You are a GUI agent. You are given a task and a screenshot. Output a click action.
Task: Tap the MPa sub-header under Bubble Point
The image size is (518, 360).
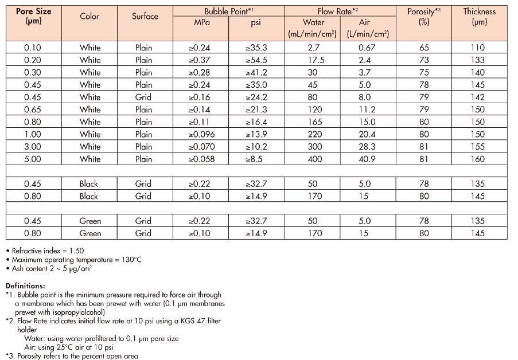[x=202, y=22]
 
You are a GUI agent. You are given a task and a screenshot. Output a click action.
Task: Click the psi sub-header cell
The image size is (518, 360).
[x=256, y=22]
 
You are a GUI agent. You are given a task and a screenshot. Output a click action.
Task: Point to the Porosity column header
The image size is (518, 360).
[x=421, y=16]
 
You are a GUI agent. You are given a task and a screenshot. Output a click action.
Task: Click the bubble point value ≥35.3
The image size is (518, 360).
[x=256, y=48]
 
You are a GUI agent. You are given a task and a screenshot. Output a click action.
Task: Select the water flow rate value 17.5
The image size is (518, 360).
[x=313, y=60]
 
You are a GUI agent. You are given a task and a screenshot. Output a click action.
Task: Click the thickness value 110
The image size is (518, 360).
[x=477, y=48]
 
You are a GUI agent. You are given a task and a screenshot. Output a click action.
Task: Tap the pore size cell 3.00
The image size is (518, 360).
[x=33, y=147]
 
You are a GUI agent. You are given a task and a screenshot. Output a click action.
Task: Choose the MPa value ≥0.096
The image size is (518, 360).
[x=201, y=134]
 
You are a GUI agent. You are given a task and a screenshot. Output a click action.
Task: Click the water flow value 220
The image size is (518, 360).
[x=313, y=134]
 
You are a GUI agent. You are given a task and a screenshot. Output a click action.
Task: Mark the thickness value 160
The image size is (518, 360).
[x=477, y=159]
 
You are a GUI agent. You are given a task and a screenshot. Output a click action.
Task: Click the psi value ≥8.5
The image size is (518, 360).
[x=256, y=159]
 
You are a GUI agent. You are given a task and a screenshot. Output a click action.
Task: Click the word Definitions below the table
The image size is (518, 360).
[x=25, y=285]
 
